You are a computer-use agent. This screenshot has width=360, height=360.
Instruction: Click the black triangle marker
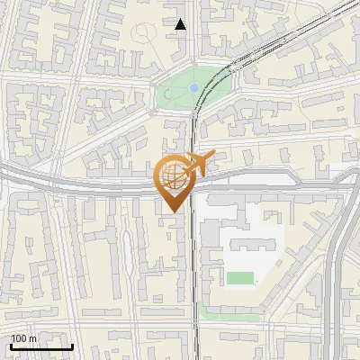point(181,24)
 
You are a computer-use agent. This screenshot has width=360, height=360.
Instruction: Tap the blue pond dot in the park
point(194,88)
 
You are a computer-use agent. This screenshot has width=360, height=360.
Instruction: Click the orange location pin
point(174,180)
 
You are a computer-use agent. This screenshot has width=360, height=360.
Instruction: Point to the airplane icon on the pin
point(195,164)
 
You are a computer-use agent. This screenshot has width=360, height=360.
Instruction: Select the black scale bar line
point(41,346)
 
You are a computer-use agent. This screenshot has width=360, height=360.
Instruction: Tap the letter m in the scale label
point(33,338)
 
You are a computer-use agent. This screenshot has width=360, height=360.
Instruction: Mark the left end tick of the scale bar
point(11,345)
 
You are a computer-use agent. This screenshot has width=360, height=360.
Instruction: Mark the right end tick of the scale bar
point(72,345)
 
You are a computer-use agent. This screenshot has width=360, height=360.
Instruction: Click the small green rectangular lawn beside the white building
point(240,277)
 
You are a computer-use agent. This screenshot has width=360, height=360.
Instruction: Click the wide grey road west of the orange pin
point(72,182)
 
